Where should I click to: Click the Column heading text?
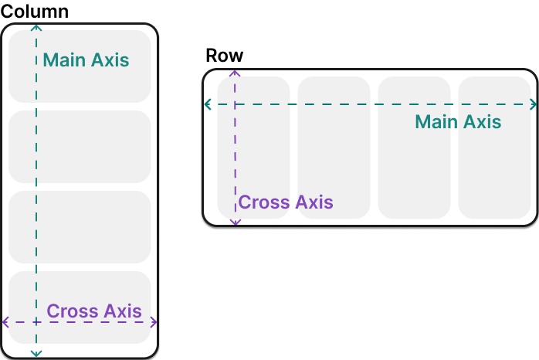coord(36,12)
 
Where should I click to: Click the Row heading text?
coord(225,56)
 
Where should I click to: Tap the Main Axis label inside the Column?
coord(86,59)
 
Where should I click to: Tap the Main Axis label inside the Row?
coord(458,122)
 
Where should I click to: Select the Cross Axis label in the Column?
coord(94,311)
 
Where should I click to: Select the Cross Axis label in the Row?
coord(286,203)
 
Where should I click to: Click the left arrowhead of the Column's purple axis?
coord(5,322)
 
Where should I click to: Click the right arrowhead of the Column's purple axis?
coord(154,322)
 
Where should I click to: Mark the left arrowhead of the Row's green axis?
coord(207,104)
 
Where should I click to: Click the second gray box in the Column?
coord(79,147)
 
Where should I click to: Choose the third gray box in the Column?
coord(79,227)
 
